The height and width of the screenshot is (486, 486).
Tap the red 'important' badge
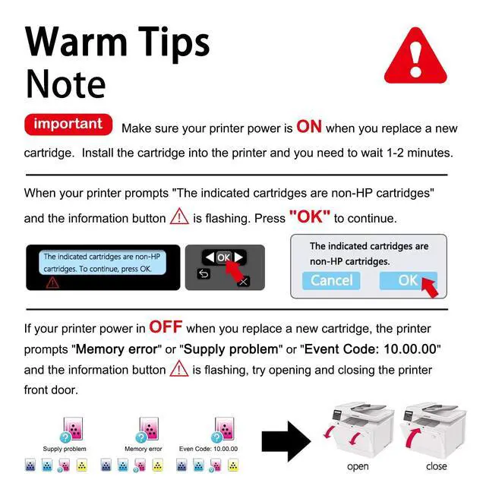68,125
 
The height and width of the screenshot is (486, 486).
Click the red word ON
309,127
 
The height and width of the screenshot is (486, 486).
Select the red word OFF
166,327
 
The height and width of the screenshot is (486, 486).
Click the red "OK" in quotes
310,216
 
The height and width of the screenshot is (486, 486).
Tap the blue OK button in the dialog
409,280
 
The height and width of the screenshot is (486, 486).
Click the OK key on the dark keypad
224,257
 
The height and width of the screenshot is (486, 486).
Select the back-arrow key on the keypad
204,273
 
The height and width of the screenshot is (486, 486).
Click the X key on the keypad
244,282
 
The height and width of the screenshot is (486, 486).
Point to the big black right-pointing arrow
286,441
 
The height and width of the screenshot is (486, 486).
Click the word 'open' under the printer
358,466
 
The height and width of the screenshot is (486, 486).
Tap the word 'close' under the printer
437,465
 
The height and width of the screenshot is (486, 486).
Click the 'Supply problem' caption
65,449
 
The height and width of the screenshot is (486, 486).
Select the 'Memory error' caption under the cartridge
144,449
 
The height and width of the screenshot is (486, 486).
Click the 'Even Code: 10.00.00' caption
208,449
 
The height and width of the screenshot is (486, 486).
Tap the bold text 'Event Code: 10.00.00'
371,349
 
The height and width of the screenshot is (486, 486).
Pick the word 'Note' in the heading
65,84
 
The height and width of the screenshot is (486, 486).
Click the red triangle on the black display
52,282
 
